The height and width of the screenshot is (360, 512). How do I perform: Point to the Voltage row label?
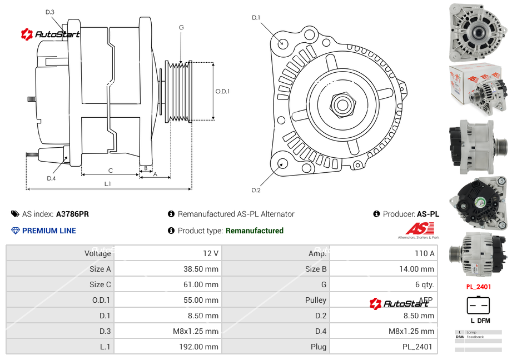coord(97,253)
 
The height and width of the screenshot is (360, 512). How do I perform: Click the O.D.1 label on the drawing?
coord(222,91)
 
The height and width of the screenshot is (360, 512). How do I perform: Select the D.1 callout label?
coord(256,18)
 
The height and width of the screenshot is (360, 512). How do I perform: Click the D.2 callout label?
coord(256,191)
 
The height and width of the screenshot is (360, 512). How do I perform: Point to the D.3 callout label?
coord(50,12)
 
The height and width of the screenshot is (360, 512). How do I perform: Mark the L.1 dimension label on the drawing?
coord(108,183)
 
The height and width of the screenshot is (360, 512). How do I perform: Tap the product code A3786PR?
coord(72,214)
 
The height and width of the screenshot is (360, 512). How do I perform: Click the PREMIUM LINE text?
coord(49,231)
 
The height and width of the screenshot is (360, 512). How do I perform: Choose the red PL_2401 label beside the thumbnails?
coord(478,287)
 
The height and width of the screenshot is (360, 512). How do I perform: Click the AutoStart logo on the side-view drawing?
coord(51,34)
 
